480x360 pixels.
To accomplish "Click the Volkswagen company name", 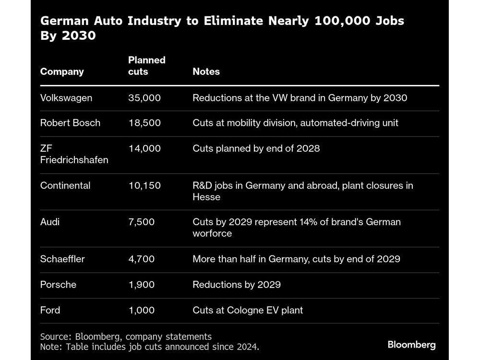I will pyautogui.click(x=66, y=98).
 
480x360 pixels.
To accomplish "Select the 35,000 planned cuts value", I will pyautogui.click(x=144, y=98).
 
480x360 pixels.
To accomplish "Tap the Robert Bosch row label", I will pyautogui.click(x=70, y=123).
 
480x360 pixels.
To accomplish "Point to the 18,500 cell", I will pyautogui.click(x=144, y=123).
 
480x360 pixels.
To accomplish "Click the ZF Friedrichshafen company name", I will pyautogui.click(x=74, y=154).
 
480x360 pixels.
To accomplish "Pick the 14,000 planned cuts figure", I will pyautogui.click(x=144, y=148).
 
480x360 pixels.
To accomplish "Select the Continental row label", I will pyautogui.click(x=65, y=185).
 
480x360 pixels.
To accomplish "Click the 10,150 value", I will pyautogui.click(x=144, y=185).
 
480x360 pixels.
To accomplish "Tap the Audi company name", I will pyautogui.click(x=50, y=222).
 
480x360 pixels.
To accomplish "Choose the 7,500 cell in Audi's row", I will pyautogui.click(x=142, y=222).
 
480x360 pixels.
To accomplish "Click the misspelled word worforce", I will pyautogui.click(x=212, y=234).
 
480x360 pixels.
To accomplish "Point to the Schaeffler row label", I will pyautogui.click(x=62, y=259).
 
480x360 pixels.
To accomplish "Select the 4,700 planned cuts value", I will pyautogui.click(x=142, y=259).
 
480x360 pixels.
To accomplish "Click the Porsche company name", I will pyautogui.click(x=58, y=285).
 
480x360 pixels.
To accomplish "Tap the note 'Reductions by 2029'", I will pyautogui.click(x=237, y=285).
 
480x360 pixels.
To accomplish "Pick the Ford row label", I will pyautogui.click(x=50, y=310).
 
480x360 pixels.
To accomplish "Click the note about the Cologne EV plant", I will pyautogui.click(x=248, y=310).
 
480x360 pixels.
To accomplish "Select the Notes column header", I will pyautogui.click(x=206, y=72).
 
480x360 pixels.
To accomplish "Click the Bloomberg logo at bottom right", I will pyautogui.click(x=411, y=345).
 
